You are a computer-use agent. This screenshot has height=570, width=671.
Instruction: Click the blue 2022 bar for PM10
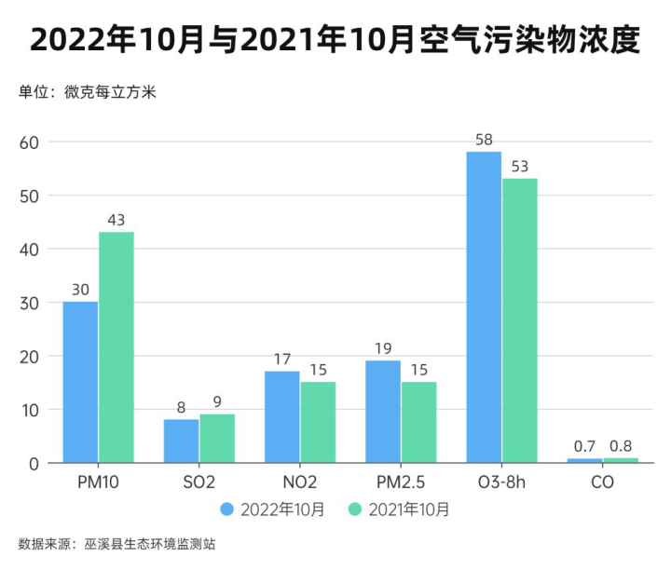pos(80,382)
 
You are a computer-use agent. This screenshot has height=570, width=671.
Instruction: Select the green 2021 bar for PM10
pos(116,347)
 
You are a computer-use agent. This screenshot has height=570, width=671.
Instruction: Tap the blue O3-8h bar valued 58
pos(484,307)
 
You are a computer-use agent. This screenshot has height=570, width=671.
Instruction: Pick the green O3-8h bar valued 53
pos(520,320)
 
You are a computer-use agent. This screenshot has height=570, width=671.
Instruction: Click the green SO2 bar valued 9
pos(217,439)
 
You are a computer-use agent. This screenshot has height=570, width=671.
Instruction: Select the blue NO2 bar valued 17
pos(282,416)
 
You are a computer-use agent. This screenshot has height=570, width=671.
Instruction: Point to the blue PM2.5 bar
pos(383,412)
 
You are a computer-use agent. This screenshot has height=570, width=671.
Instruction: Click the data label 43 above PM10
pos(116,220)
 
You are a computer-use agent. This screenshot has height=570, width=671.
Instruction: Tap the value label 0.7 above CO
pos(584,446)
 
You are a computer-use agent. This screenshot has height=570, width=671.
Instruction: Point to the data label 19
pos(383,348)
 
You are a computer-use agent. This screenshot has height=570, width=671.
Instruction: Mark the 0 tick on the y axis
pos(34,463)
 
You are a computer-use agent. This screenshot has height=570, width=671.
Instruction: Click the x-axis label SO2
pos(199,483)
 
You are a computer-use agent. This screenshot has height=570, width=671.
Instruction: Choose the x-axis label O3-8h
pos(501,483)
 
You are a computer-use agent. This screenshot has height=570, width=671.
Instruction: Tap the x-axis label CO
pos(602,483)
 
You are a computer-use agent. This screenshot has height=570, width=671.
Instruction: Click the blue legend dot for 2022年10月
pos(227,509)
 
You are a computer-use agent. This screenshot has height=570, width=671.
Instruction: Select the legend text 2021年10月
pos(409,509)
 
